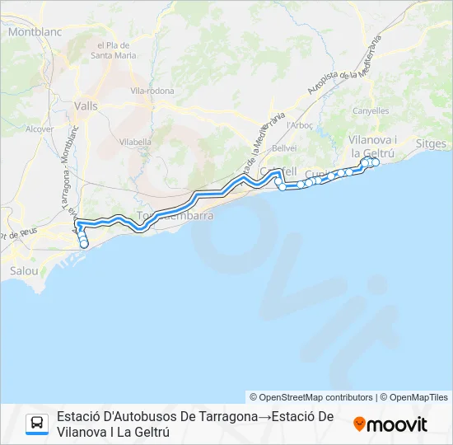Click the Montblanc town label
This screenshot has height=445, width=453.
tap(30, 32)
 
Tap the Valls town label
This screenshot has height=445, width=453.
tap(85, 105)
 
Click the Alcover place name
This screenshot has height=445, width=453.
tap(39, 129)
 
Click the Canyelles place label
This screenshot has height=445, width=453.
tap(370, 110)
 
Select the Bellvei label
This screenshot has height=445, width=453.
tap(284, 148)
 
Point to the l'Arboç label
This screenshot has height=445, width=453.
tap(299, 124)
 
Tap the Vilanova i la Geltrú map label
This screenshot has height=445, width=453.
tap(373, 147)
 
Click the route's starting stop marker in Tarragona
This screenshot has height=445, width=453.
tap(84, 244)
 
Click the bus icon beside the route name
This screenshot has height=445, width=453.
tap(37, 424)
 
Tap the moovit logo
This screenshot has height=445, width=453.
tap(390, 424)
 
